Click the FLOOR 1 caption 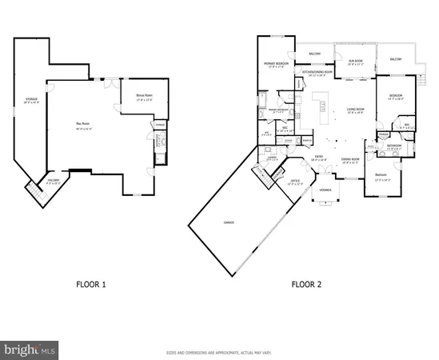tap(90, 283)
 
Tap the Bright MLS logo tap(30, 349)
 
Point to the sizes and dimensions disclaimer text tap(218, 352)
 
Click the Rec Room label tap(82, 123)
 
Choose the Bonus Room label tap(144, 98)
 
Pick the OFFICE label tap(295, 182)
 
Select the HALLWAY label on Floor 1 tap(53, 182)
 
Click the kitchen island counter tap(321, 103)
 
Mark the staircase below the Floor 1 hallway tap(34, 192)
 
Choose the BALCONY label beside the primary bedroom tap(314, 54)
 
